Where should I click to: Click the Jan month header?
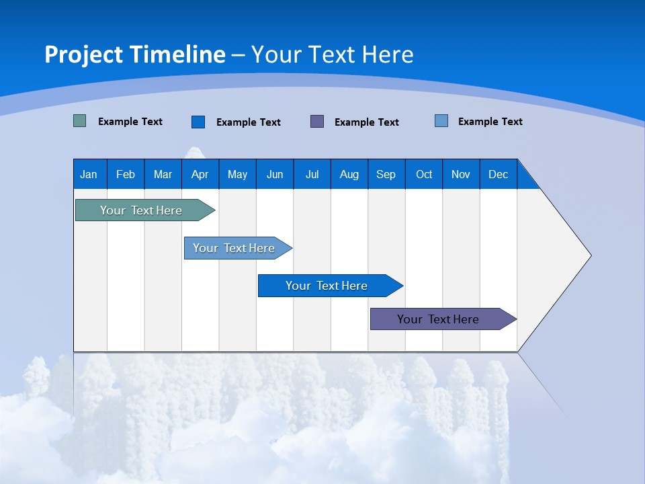89,174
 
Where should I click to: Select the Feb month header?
126,174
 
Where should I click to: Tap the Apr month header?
200,174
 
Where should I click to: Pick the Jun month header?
275,174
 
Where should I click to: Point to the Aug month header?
349,174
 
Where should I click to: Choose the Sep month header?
386,174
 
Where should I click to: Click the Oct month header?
424,174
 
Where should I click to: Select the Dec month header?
498,174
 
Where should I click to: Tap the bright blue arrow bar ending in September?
327,286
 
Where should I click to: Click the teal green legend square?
80,121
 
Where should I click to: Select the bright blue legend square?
198,122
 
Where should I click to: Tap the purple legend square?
317,121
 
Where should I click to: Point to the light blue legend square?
441,121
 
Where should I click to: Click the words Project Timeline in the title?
135,54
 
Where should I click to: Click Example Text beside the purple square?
367,122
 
